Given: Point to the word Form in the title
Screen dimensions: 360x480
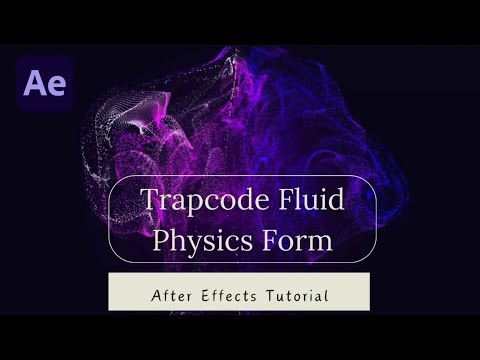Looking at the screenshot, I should [x=302, y=239].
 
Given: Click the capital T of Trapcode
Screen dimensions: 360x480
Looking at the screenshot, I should [x=150, y=198].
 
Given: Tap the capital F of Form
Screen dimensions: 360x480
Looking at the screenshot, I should [x=275, y=239].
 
